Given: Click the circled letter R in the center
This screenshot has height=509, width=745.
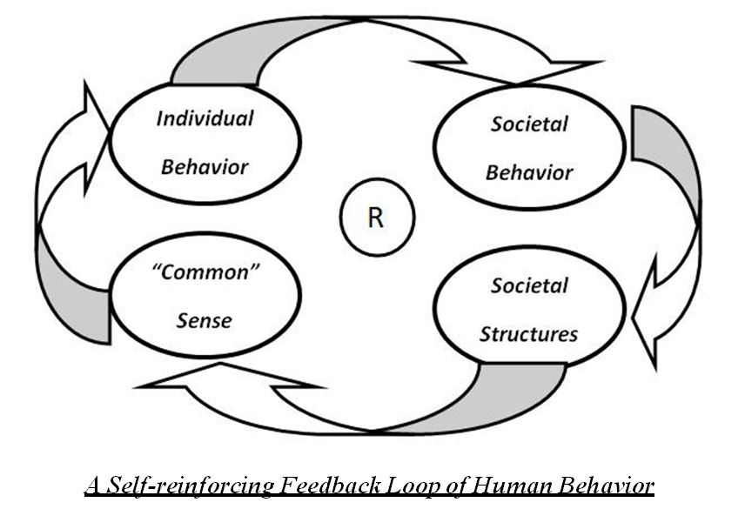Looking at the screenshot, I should (376, 218).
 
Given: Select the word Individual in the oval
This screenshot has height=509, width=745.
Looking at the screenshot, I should (205, 118).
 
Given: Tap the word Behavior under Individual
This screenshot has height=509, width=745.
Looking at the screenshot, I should (205, 165).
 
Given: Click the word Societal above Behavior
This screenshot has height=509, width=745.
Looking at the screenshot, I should (529, 124).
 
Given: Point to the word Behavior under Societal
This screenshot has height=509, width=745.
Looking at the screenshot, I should (529, 171).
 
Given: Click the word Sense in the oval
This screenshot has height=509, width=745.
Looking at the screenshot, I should (205, 319).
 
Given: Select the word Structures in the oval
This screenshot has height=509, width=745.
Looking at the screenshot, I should (528, 334).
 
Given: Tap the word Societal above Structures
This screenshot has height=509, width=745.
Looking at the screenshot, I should (529, 285).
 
